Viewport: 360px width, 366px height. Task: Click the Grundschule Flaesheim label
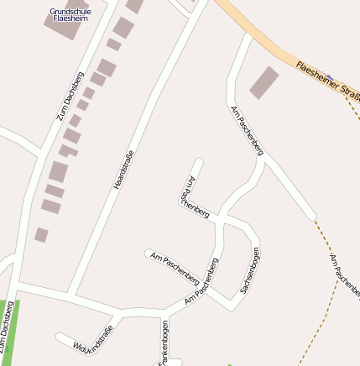pyautogui.click(x=69, y=14)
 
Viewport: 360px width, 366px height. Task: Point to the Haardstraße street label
pyautogui.click(x=124, y=169)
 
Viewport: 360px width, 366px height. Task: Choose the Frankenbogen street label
pyautogui.click(x=164, y=343)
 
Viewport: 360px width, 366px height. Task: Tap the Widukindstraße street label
pyautogui.click(x=93, y=337)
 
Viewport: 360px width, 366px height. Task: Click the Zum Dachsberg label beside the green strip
pyautogui.click(x=8, y=323)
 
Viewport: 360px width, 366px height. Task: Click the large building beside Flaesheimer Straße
pyautogui.click(x=264, y=82)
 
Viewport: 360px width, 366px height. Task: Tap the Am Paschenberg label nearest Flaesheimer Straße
pyautogui.click(x=246, y=130)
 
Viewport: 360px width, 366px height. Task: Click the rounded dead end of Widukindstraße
pyautogui.click(x=60, y=337)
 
